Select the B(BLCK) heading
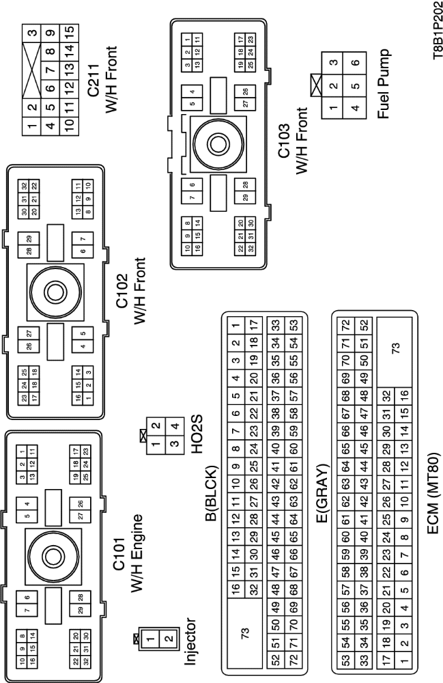click(210, 497)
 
